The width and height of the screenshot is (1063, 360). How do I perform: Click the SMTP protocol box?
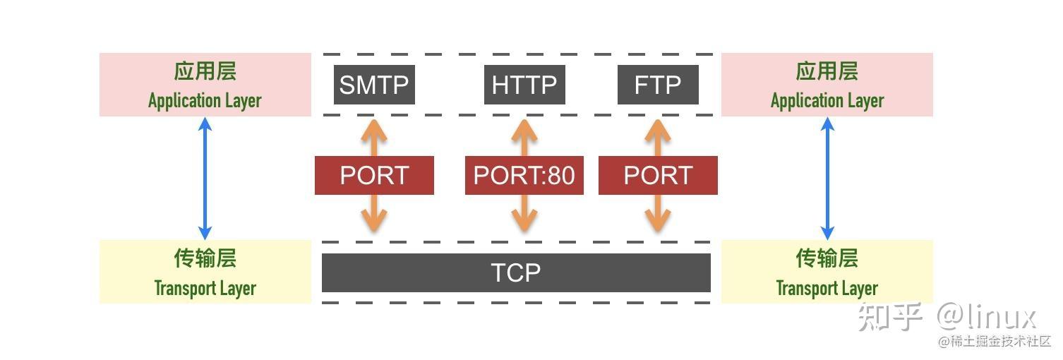tap(374, 85)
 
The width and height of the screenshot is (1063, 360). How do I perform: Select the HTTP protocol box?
tap(524, 85)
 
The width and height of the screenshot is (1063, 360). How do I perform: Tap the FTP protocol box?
tap(658, 85)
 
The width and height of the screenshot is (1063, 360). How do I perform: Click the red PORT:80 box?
tap(524, 175)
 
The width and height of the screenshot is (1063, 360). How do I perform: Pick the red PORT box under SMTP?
tap(374, 175)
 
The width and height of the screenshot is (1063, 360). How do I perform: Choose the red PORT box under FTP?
tap(658, 175)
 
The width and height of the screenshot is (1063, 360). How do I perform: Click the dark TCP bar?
tap(516, 272)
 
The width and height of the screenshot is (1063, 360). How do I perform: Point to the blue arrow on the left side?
tap(205, 178)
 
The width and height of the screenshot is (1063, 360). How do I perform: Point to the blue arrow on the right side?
tap(828, 178)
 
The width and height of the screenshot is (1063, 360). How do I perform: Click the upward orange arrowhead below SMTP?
tap(374, 131)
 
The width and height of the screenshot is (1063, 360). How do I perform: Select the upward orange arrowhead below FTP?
tap(658, 131)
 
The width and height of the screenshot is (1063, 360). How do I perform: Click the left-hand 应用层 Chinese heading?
tap(205, 71)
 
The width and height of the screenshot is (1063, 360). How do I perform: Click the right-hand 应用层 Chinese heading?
tap(827, 71)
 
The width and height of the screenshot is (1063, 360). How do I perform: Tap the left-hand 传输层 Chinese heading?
tap(205, 258)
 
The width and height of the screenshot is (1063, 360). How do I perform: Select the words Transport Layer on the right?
tap(827, 288)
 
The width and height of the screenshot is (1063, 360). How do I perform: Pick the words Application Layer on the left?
tap(205, 101)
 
